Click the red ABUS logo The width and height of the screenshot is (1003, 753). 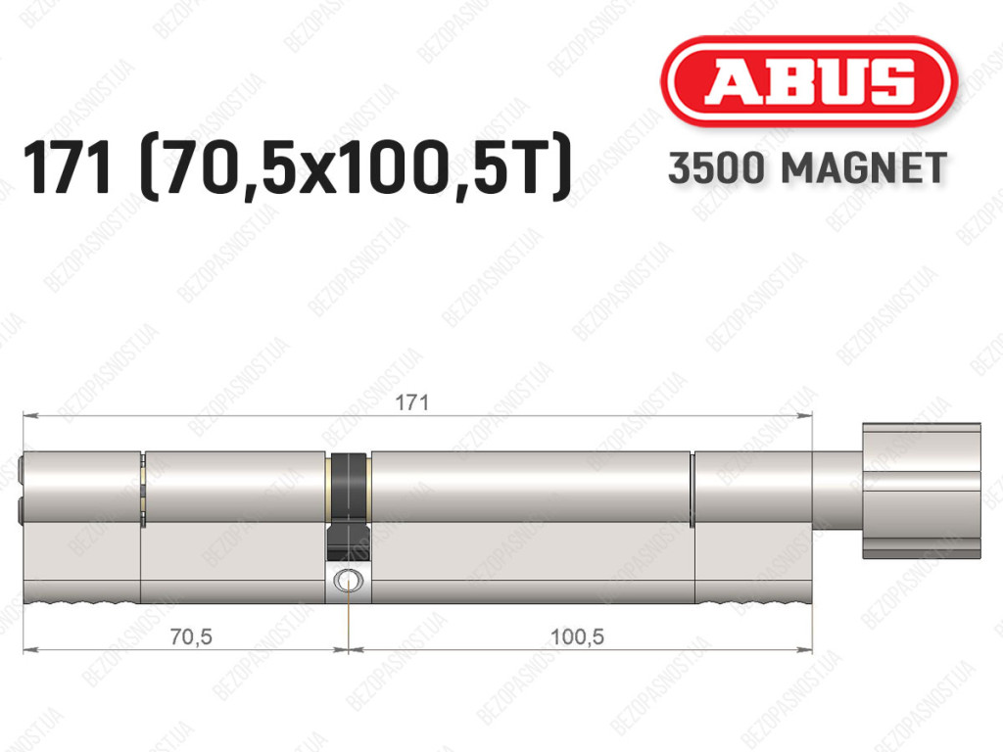pyautogui.click(x=808, y=82)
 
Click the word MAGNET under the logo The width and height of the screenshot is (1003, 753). pyautogui.click(x=864, y=168)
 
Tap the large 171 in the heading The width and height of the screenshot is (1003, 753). pyautogui.click(x=68, y=167)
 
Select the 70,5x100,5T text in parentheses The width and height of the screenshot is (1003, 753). pyautogui.click(x=356, y=167)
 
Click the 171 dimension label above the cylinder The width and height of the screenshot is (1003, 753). pyautogui.click(x=412, y=402)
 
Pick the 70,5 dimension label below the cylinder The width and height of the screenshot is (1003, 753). pyautogui.click(x=191, y=636)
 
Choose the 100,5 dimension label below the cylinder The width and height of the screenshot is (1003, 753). pyautogui.click(x=577, y=636)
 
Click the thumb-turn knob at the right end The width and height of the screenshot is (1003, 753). pyautogui.click(x=921, y=491)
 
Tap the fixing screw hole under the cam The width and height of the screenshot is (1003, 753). pyautogui.click(x=348, y=581)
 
